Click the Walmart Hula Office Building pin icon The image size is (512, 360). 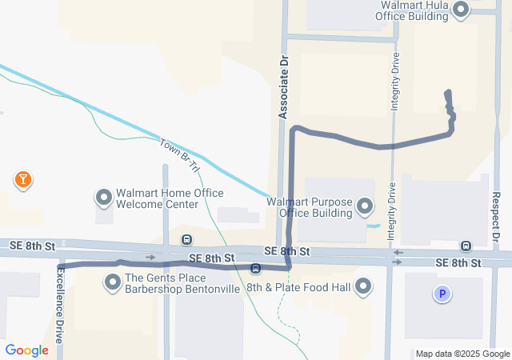coord(461,10)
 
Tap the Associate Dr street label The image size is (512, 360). coord(282,87)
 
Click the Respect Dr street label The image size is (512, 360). coord(497,216)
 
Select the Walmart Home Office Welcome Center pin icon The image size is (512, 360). coord(103,197)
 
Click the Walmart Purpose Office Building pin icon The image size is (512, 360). coord(365,207)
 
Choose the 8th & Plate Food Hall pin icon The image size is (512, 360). coord(364,286)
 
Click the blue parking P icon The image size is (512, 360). coord(440,294)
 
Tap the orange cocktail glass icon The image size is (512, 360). coord(23,179)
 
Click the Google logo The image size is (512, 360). coord(27,350)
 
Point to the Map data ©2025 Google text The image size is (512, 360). coord(462,354)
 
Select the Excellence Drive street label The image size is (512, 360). coord(59,304)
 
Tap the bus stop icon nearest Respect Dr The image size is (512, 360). coord(466,246)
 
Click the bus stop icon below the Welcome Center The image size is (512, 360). coord(186,239)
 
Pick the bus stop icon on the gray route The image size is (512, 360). coord(255,268)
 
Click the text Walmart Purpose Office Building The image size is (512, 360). coord(310,207)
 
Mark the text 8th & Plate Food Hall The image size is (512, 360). coord(298,287)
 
